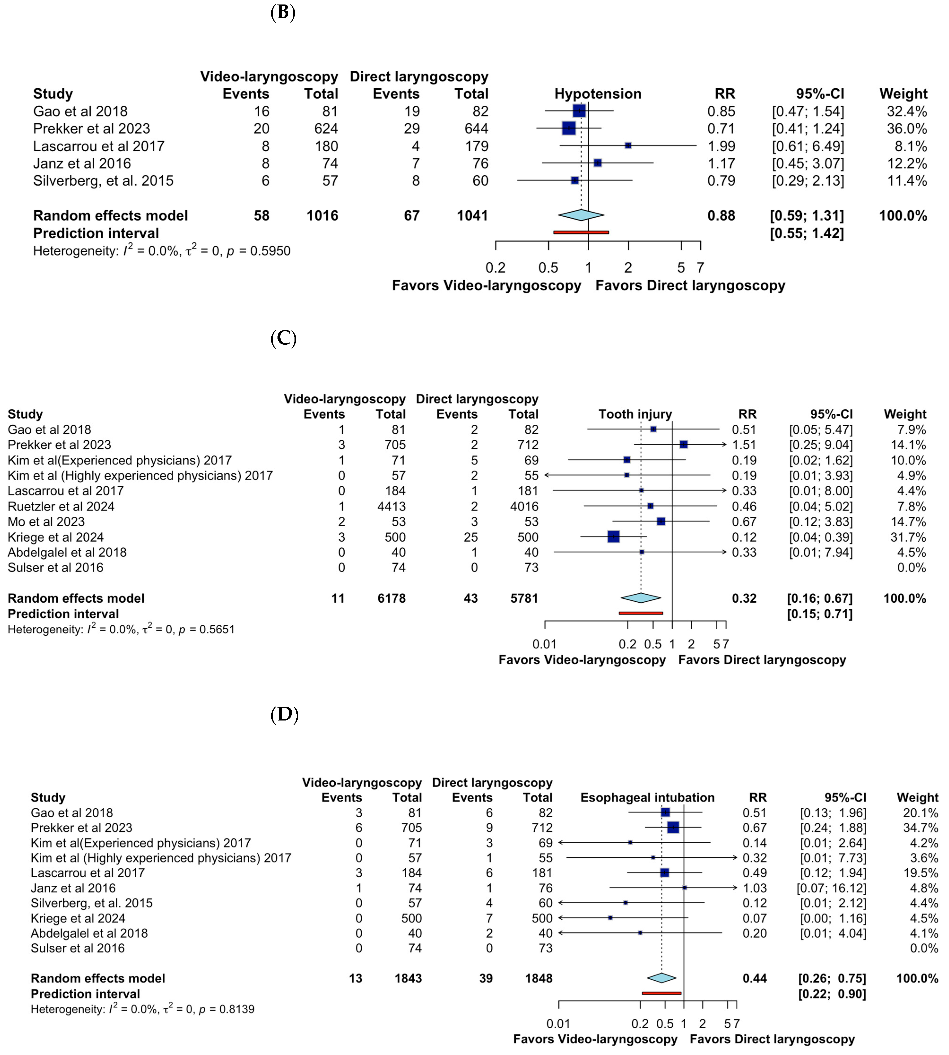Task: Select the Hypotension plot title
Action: coord(598,94)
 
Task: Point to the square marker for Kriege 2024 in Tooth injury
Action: coord(614,537)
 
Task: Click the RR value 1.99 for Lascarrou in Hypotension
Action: coord(721,146)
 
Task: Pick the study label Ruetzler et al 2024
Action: coord(61,506)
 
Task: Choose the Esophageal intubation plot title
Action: coord(647,798)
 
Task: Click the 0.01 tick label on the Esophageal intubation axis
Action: coord(559,1024)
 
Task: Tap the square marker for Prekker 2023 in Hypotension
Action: coord(569,128)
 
